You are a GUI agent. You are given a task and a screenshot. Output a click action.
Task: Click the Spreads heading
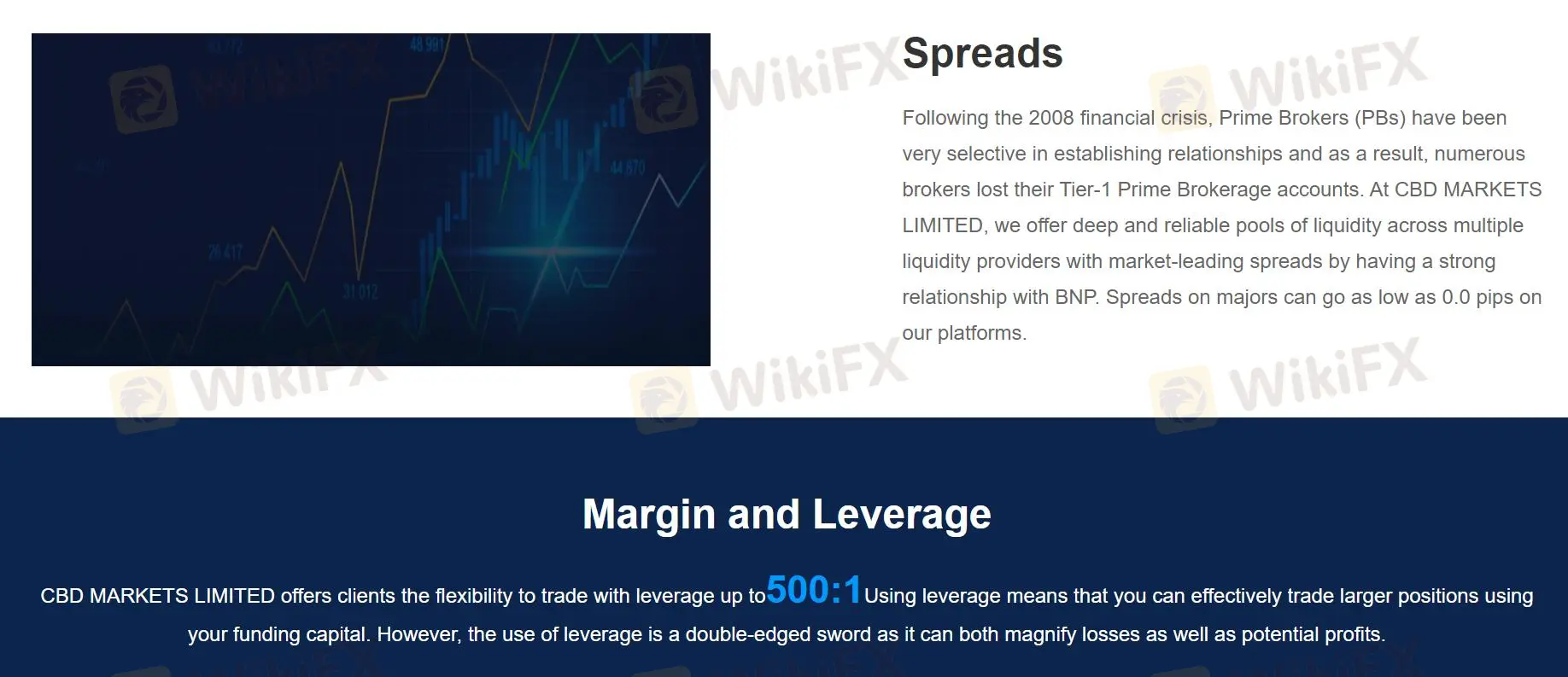[x=982, y=54]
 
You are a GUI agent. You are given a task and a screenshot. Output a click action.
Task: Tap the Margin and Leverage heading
[x=787, y=514]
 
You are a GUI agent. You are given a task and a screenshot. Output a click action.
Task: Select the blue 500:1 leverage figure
[x=815, y=590]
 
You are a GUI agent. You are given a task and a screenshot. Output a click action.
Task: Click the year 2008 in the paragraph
[x=1050, y=118]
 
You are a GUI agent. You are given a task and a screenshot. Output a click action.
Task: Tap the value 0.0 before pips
[x=1456, y=297]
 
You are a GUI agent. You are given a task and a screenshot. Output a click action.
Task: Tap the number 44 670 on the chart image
[x=627, y=167]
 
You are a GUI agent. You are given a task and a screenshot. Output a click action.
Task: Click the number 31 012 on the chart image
[x=360, y=292]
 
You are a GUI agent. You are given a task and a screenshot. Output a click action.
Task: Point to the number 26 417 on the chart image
[x=225, y=252]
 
